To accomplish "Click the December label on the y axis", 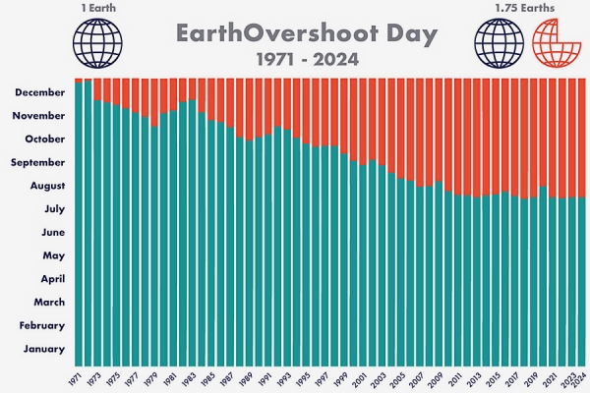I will (40, 92).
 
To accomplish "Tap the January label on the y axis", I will (44, 349).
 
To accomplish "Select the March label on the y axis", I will (48, 302).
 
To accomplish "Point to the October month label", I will (44, 139).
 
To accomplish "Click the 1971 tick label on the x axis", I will (75, 378).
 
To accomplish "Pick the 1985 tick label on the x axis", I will (208, 378).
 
